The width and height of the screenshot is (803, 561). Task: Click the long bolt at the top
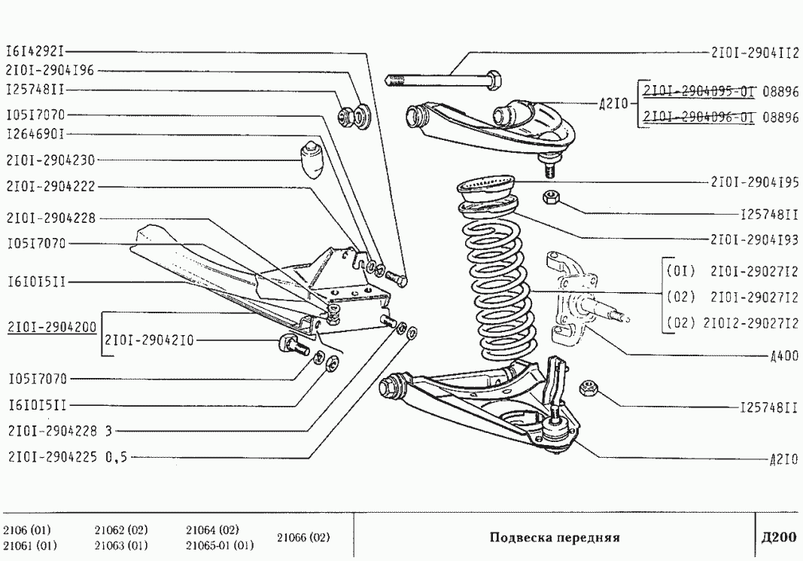click(x=444, y=78)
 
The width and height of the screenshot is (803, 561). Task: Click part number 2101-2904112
click(x=754, y=53)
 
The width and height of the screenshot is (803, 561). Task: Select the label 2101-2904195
click(x=754, y=182)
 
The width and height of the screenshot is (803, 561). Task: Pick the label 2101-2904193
click(x=754, y=240)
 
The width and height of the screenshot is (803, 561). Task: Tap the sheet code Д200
click(x=778, y=538)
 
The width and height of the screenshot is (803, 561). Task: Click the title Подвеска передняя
click(x=554, y=538)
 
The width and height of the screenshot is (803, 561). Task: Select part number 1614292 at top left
click(x=35, y=52)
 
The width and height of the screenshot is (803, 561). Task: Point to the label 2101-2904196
click(x=50, y=71)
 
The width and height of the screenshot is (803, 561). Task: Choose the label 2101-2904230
click(x=50, y=160)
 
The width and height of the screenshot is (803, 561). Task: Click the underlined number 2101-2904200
click(x=51, y=328)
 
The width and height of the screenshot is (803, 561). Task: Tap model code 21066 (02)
click(x=303, y=538)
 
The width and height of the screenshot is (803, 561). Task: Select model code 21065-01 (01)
click(x=219, y=545)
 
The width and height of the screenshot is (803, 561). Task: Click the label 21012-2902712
click(x=750, y=324)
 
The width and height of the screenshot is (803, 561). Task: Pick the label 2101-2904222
click(x=50, y=186)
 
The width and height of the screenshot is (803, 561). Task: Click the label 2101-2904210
click(x=150, y=340)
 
